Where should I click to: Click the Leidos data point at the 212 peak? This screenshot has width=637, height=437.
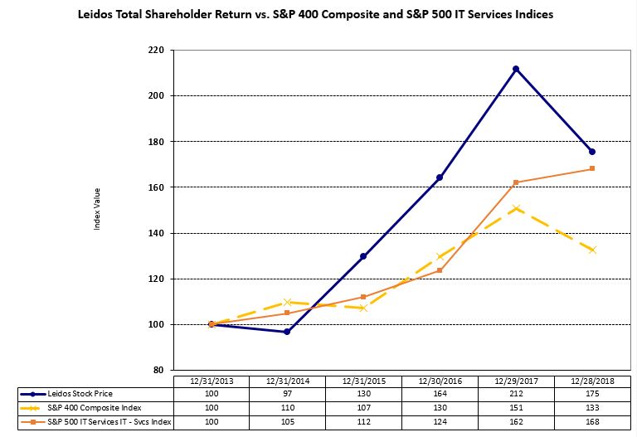click(x=516, y=69)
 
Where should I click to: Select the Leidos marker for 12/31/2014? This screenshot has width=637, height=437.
click(x=287, y=332)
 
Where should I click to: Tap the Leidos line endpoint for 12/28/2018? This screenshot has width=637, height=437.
click(x=592, y=152)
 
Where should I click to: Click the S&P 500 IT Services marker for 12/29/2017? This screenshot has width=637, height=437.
click(x=516, y=182)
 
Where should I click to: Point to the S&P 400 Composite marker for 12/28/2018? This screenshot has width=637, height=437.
click(x=592, y=250)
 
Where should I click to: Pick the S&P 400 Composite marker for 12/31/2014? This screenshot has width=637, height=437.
click(x=287, y=302)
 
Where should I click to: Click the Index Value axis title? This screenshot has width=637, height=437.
click(x=96, y=211)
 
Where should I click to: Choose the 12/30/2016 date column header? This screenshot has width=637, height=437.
click(x=440, y=381)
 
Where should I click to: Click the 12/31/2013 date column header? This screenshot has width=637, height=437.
click(x=211, y=381)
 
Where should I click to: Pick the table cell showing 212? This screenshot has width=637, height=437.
click(x=516, y=392)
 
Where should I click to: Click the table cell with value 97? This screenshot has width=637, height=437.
click(x=287, y=392)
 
